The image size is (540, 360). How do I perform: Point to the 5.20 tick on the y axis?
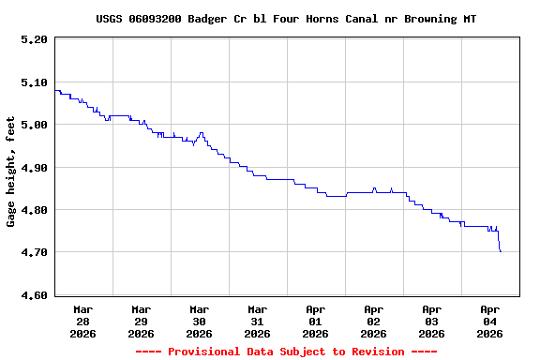33,39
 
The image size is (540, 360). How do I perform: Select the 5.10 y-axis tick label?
33,82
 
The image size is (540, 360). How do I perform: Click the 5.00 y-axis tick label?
33,125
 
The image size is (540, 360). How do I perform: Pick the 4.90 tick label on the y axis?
33,168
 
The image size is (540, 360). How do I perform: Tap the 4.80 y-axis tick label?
33,210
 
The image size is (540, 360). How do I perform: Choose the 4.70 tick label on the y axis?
33,253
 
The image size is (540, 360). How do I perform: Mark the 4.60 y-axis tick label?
33,295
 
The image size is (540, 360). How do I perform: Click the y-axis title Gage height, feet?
11,172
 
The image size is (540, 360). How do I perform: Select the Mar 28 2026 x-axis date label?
82,321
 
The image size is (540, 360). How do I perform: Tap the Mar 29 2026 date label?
141,321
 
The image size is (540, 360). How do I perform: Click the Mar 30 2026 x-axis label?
199,321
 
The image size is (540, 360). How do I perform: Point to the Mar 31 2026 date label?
257,321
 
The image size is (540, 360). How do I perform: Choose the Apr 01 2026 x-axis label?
315,321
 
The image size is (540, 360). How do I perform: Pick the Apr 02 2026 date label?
373,321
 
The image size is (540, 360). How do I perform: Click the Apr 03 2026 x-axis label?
431,321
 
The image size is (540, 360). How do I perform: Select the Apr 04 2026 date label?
489,321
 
